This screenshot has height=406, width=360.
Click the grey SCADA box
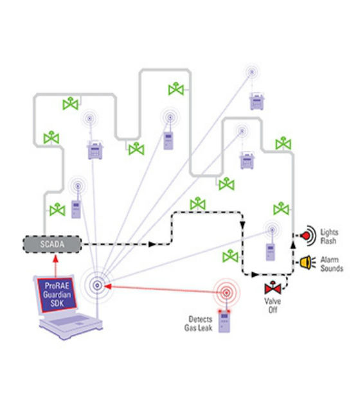click(52, 244)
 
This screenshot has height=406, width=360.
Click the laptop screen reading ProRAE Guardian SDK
click(57, 296)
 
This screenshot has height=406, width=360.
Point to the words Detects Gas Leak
click(198, 323)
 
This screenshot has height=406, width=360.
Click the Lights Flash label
click(329, 236)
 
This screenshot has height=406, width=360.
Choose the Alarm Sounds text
click(332, 264)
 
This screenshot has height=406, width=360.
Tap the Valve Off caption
click(273, 306)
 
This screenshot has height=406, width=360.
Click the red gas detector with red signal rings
click(224, 321)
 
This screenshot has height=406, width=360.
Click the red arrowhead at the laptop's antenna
click(107, 286)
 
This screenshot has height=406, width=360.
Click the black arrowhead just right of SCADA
click(152, 244)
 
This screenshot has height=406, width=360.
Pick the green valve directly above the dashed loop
click(198, 204)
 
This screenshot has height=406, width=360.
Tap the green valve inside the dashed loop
click(230, 256)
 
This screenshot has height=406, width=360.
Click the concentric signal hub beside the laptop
click(97, 285)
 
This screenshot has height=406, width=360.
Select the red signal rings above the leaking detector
click(226, 293)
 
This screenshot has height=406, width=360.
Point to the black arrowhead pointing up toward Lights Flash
click(293, 245)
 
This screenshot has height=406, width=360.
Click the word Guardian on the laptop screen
click(57, 295)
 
